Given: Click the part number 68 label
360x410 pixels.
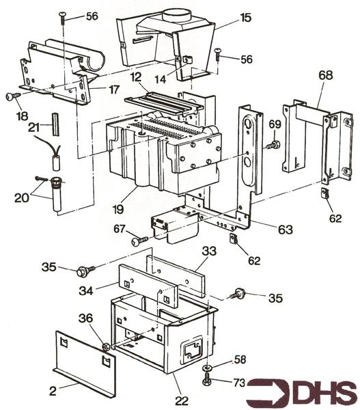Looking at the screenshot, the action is coord(325,75).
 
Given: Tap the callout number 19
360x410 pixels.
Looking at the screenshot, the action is coord(118,208).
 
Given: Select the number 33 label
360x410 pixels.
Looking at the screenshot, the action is coord(209,251).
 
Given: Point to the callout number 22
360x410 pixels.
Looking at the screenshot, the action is coord(182,400).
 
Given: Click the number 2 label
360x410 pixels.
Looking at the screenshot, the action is coord(53,391).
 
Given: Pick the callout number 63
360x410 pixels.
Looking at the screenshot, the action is coord(286,230).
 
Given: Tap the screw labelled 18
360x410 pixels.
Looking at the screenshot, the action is coord(13,96).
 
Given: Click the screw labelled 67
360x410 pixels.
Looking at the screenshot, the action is coord(139,241).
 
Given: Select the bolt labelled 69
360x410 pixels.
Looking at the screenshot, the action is coord(273,145).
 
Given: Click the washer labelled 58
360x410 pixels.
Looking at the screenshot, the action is coord(208,368).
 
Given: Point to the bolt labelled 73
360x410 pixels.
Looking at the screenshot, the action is coord(207,380).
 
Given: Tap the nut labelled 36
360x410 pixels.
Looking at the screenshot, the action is coord(106,347).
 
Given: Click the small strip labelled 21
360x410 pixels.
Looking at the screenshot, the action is coord(57,124).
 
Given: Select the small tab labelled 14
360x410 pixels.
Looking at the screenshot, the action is coord(186,59).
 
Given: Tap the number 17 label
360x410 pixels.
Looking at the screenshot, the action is coord(114,90).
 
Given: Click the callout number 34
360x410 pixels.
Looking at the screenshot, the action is coord(86,290).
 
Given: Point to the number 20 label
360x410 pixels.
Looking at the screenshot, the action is coord(22,198).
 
